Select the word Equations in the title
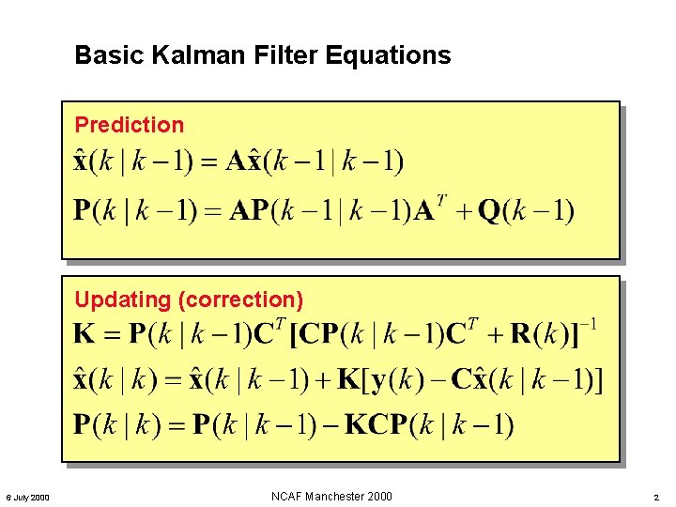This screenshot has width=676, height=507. coord(388,56)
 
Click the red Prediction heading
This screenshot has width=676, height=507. coord(130,125)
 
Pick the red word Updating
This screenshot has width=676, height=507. coord(122,300)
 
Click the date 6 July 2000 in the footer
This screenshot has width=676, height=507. coord(29,497)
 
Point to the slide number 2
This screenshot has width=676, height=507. coord(657,497)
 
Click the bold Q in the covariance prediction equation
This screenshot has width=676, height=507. coord(489,211)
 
